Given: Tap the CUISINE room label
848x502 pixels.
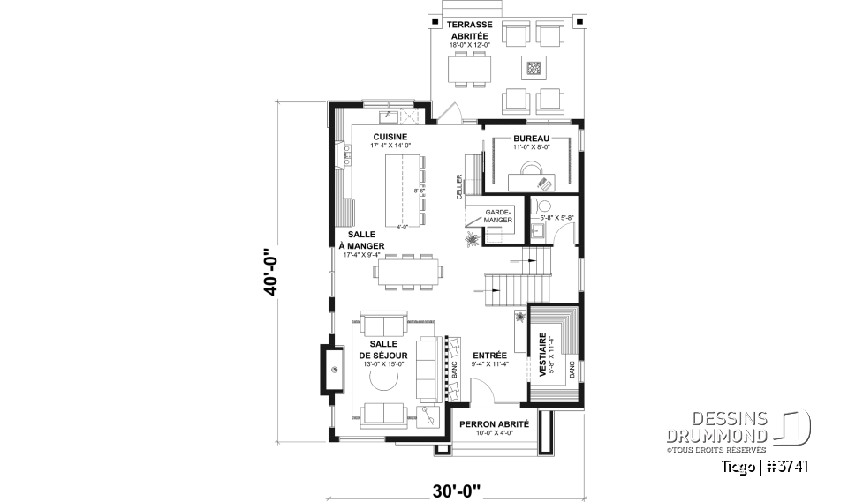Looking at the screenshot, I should point(390,137).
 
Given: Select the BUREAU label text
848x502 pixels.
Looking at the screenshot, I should point(531,139).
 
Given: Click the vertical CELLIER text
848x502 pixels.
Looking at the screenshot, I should point(460,187).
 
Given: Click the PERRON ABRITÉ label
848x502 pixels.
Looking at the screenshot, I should point(494,424).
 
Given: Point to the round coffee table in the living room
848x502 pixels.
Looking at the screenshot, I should point(382,379).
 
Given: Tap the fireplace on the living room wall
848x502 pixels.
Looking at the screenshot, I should point(337,371).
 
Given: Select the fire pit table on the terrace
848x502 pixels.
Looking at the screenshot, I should point(533,67).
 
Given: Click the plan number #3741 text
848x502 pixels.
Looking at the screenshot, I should point(788,466).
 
